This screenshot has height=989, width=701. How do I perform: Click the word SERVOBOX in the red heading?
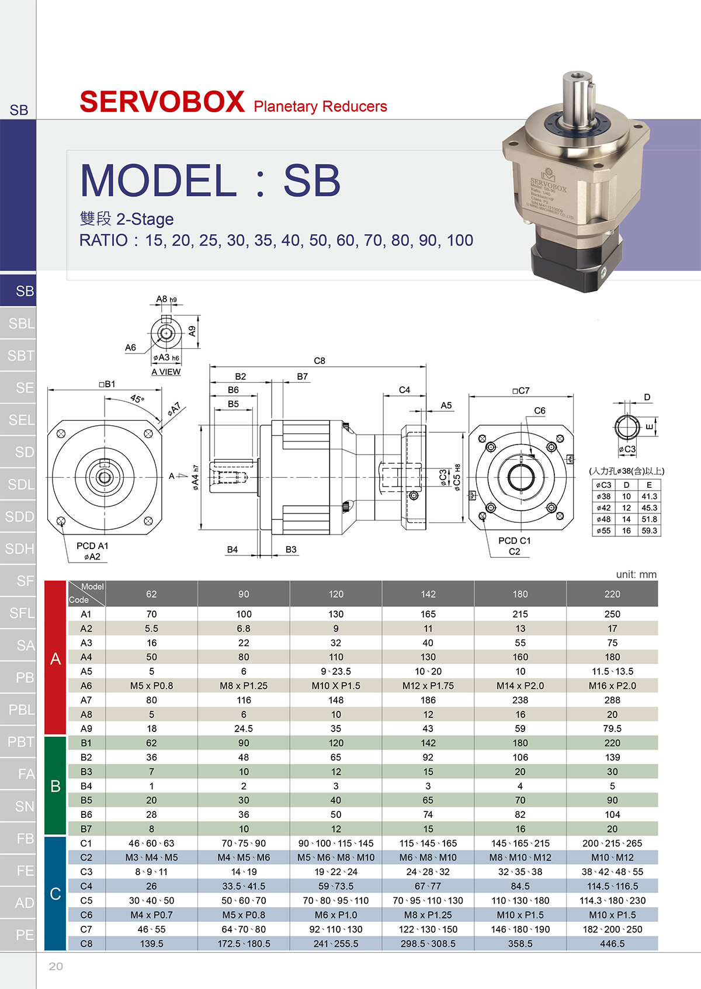click(162, 102)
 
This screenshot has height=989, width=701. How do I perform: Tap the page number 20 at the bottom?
click(55, 966)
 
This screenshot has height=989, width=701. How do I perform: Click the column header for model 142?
click(428, 594)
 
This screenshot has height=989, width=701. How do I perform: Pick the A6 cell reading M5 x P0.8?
click(151, 686)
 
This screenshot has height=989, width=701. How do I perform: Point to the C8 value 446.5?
click(612, 943)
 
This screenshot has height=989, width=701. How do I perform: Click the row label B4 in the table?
click(86, 786)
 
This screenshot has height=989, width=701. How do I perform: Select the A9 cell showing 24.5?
click(244, 728)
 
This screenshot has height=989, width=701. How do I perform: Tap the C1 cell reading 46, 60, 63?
click(151, 844)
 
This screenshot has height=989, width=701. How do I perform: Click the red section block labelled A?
click(55, 658)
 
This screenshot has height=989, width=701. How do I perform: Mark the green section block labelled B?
click(55, 786)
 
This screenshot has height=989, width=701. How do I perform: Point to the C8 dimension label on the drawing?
click(319, 360)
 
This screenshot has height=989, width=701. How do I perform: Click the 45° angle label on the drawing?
click(137, 398)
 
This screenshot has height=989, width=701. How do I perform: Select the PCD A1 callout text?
click(92, 546)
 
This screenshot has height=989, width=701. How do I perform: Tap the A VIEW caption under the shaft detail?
click(166, 372)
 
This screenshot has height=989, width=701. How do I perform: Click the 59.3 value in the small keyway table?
click(650, 530)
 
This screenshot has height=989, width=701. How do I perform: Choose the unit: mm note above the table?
click(636, 574)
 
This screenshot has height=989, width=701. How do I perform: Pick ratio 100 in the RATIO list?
click(460, 241)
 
